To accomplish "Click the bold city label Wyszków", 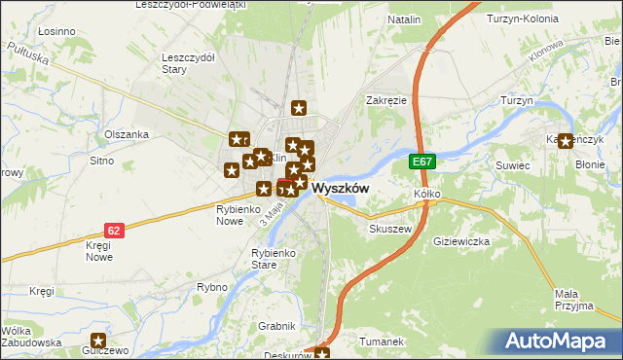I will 340,190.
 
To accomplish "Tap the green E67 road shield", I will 421,162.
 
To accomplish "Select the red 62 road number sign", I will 115,231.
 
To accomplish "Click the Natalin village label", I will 404,19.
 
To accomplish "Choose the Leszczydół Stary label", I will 188,63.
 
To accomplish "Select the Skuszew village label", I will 391,229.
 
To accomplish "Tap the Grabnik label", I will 276,327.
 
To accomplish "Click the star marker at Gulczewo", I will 98,340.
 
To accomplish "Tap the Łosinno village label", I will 55,32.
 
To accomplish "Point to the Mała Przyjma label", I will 573,299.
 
